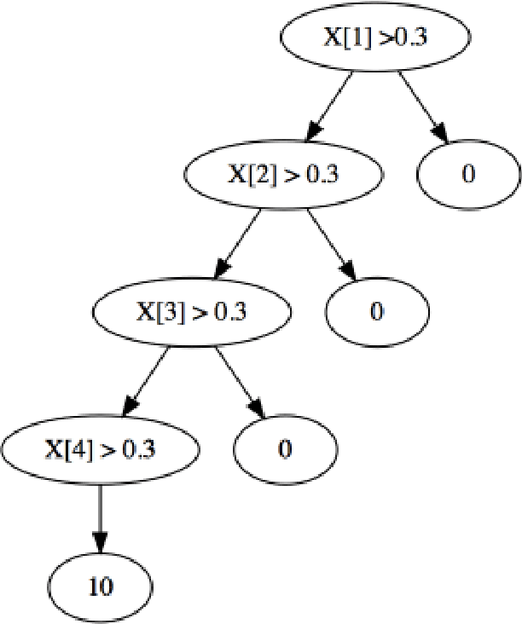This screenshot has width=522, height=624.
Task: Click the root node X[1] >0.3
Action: tap(375, 38)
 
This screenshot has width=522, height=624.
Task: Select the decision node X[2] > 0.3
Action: tap(283, 175)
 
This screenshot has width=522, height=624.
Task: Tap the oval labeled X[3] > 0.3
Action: tap(191, 312)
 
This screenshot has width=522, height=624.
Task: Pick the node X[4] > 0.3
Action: tap(100, 449)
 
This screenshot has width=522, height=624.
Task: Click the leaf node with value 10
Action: tap(100, 586)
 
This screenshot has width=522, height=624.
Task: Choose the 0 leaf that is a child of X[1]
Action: tap(468, 175)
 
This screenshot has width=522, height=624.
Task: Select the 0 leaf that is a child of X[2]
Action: tap(376, 312)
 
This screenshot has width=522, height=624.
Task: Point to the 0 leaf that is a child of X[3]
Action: tap(285, 449)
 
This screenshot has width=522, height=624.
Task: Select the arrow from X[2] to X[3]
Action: tap(238, 243)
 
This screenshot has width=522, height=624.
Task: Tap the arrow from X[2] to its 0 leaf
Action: tap(330, 243)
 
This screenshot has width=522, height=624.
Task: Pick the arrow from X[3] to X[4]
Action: tap(147, 380)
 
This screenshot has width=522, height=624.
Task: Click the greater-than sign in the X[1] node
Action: tap(389, 38)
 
